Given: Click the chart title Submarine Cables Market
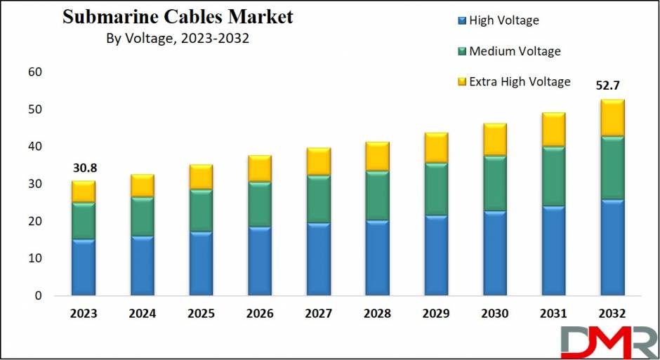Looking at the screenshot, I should tap(178, 18).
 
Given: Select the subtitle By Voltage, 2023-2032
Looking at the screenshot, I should tap(177, 39).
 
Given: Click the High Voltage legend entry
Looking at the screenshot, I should tap(503, 20).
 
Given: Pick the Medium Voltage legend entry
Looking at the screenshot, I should tap(515, 51).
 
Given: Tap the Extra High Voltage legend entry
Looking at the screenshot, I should tap(520, 81).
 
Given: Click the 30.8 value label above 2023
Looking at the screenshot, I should tap(83, 168).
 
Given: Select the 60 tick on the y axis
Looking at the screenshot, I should tap(35, 72).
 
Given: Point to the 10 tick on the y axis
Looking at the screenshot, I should tap(35, 258).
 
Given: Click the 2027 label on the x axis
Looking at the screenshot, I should tap(318, 313).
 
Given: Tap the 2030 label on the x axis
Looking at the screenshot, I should tap(494, 313).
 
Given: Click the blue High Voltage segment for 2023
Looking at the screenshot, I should tap(83, 267).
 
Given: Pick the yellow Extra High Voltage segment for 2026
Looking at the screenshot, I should tap(259, 169).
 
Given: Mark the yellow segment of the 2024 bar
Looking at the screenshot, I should tap(142, 186).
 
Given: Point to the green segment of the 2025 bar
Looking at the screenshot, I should tap(201, 211).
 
